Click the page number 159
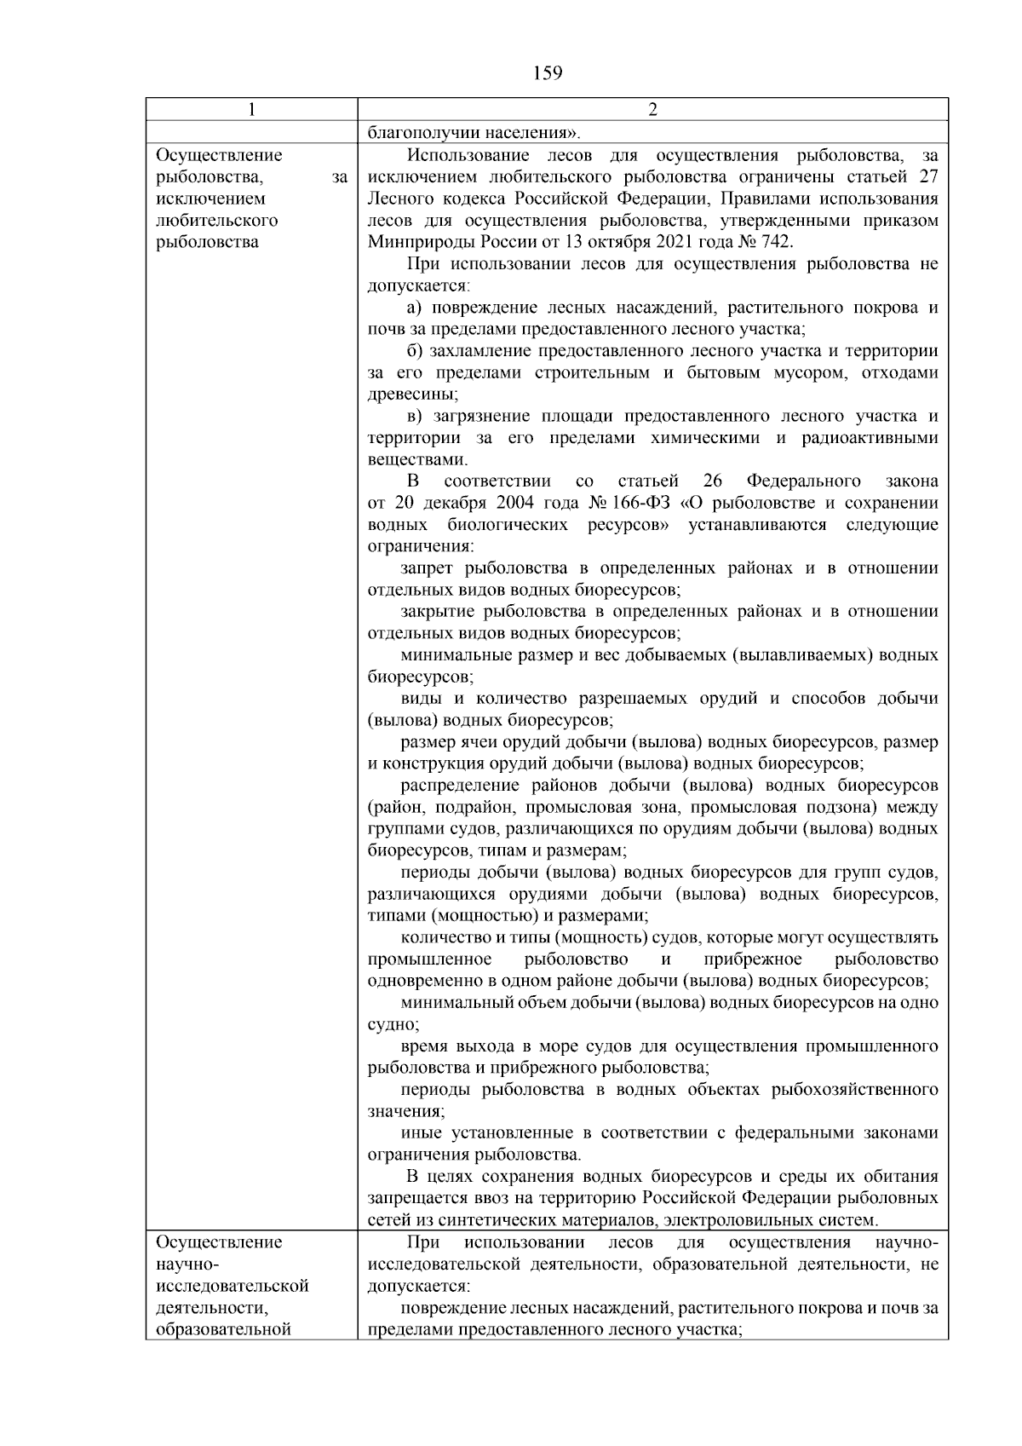548,73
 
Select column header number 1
250,110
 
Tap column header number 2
652,110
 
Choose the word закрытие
436,612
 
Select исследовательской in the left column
233,1286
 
